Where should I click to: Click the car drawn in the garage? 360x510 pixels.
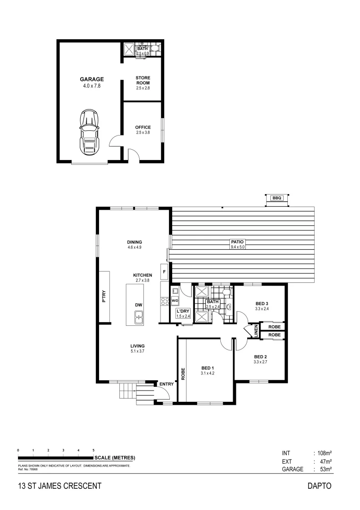click(89, 132)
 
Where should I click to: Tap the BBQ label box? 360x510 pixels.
click(276, 198)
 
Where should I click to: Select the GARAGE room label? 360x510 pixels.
click(92, 79)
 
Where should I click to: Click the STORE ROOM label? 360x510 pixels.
click(142, 80)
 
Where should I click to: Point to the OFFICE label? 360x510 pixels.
click(142, 127)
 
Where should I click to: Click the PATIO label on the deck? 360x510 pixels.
click(237, 242)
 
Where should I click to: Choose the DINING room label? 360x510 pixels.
click(134, 242)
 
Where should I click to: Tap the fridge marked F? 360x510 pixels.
click(164, 272)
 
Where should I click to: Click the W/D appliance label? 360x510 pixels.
click(175, 300)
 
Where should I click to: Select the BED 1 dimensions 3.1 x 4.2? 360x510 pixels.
click(208, 373)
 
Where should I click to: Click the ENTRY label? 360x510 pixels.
click(166, 384)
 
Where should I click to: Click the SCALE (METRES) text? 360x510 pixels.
click(115, 458)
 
